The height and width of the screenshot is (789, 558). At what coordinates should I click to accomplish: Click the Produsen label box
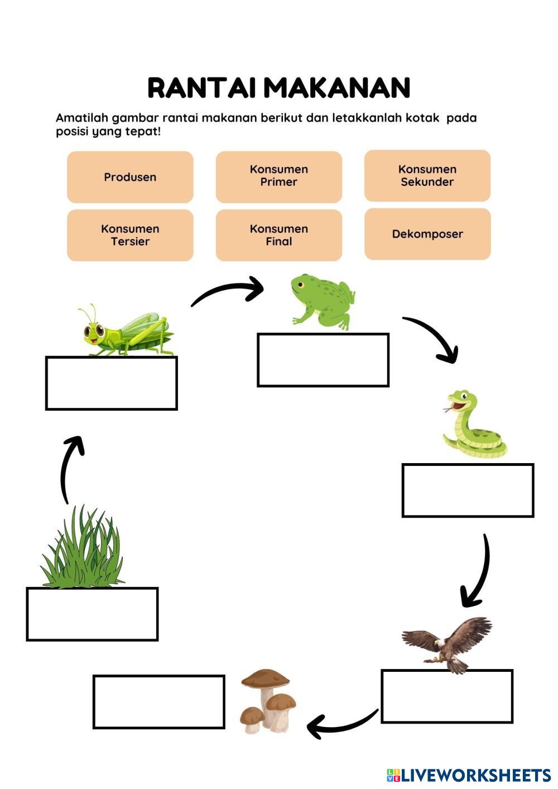[x=130, y=177]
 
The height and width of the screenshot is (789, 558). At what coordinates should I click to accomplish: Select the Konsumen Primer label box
[x=278, y=177]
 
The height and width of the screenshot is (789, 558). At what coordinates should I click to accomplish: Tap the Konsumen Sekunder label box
[x=427, y=176]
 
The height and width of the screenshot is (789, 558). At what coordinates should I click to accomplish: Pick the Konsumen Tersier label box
[x=130, y=235]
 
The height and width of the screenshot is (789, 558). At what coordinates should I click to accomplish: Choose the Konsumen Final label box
[x=278, y=235]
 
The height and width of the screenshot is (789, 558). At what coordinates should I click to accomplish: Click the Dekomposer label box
[x=427, y=234]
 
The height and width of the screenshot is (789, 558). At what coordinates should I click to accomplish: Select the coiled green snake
[x=473, y=423]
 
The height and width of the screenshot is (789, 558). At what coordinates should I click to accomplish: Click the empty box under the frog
[x=323, y=360]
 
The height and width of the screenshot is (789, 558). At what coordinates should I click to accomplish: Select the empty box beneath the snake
[x=468, y=490]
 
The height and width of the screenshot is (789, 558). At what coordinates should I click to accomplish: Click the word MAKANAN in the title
[x=337, y=88]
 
